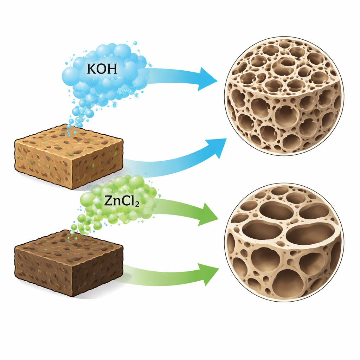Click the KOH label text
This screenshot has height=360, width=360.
[x=102, y=69]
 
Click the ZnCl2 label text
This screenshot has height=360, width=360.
[x=122, y=201]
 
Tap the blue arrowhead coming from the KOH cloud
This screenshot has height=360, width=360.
[x=207, y=79]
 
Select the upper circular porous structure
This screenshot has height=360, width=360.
[x=284, y=96]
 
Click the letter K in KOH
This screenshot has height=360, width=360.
[x=91, y=69]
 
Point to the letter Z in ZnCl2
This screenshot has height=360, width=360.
[x=108, y=201]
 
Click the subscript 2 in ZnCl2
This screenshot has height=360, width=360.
[x=137, y=204]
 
